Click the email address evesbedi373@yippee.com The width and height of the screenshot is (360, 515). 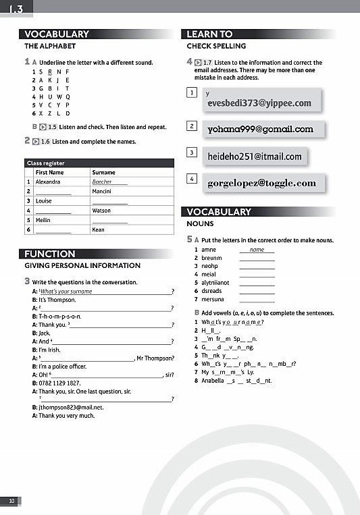(x=259, y=103)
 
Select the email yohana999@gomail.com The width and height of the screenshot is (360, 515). (x=260, y=129)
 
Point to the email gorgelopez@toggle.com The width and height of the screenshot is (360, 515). (x=261, y=183)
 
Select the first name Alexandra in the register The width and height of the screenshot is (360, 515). (x=48, y=182)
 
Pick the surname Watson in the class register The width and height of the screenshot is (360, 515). (x=101, y=211)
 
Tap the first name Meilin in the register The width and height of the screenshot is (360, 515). (x=43, y=220)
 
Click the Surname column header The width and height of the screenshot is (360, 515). (x=103, y=173)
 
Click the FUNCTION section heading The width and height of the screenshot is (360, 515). (x=50, y=254)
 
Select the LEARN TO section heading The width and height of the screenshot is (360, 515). (x=209, y=34)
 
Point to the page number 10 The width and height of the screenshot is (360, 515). (x=11, y=500)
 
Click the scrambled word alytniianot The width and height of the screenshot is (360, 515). (x=216, y=282)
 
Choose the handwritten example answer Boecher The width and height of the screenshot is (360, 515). (x=102, y=182)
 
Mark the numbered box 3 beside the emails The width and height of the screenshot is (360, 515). (x=192, y=153)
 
